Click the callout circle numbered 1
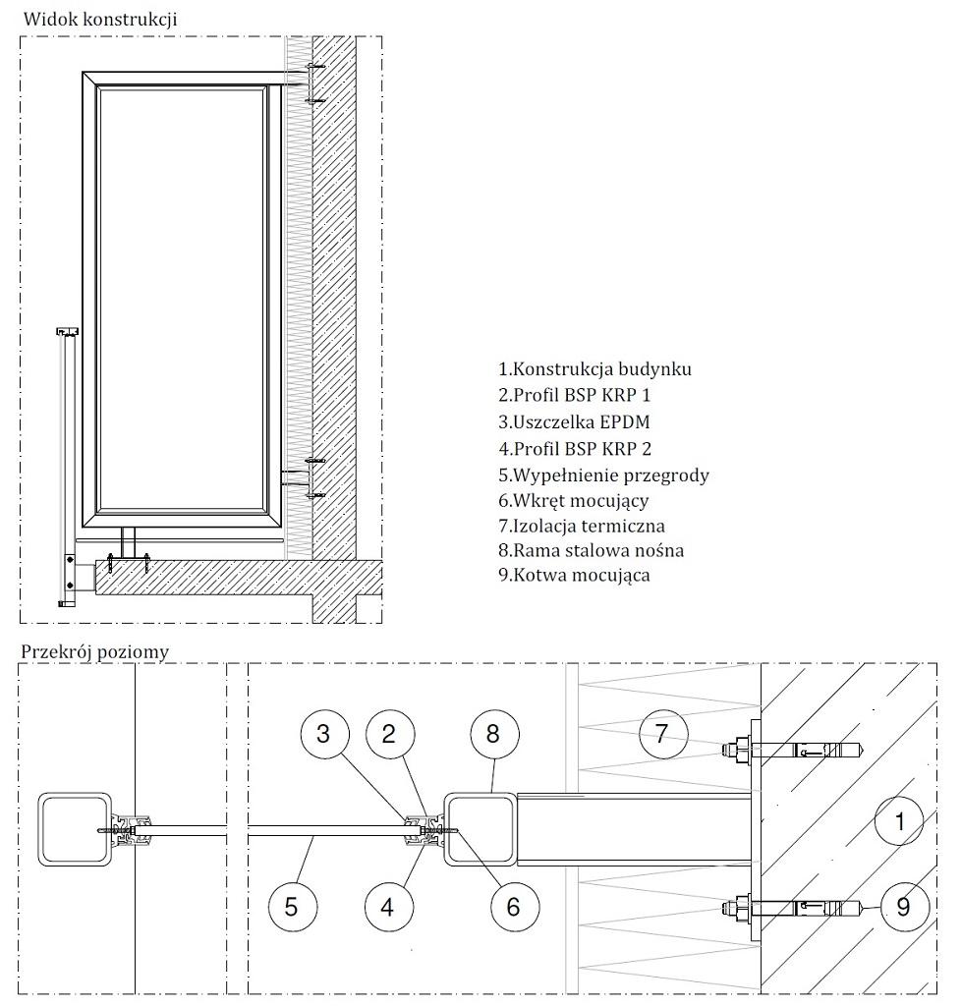(x=899, y=820)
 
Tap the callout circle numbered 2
(x=389, y=733)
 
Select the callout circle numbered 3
(x=324, y=733)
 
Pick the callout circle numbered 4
(x=389, y=905)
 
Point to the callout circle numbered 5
(x=291, y=905)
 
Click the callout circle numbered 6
(x=512, y=905)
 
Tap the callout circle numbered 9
(x=903, y=905)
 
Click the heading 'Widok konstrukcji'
(x=100, y=19)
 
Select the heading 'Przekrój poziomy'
(x=94, y=651)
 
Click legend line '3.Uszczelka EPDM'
(x=574, y=422)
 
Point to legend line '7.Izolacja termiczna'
(x=581, y=526)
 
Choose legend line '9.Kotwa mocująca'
(x=574, y=576)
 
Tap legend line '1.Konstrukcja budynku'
(x=594, y=370)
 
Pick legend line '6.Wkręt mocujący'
(x=573, y=500)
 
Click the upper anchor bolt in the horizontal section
(x=796, y=753)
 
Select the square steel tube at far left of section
(x=74, y=830)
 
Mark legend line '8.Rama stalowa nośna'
(x=591, y=550)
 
